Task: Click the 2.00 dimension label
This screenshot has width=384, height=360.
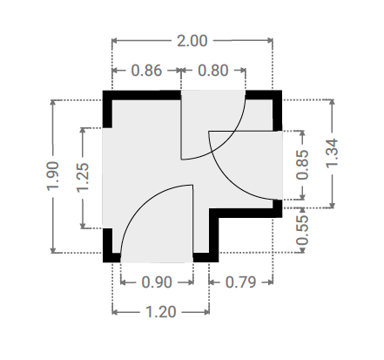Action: [x=192, y=41]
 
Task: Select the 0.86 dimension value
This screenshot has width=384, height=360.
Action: [x=146, y=71]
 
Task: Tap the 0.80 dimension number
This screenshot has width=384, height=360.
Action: [x=213, y=71]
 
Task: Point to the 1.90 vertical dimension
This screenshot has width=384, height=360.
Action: [x=53, y=176]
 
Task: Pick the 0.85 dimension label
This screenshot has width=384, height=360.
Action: [x=302, y=165]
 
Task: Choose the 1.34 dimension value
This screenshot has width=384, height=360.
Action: [x=333, y=153]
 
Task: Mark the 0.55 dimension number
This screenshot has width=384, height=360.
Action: [x=302, y=230]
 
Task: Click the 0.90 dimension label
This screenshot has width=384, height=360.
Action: [x=157, y=282]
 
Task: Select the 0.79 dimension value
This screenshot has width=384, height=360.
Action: [x=240, y=282]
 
